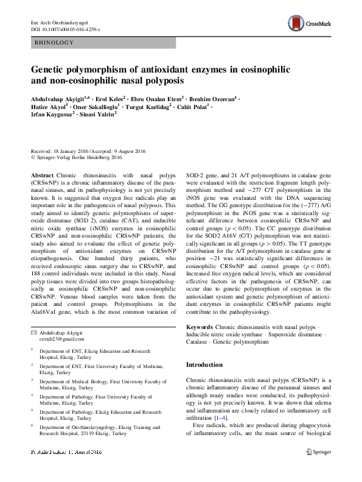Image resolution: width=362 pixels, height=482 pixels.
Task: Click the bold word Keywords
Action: click(199, 327)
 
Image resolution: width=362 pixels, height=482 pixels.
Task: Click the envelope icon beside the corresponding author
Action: click(33, 332)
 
